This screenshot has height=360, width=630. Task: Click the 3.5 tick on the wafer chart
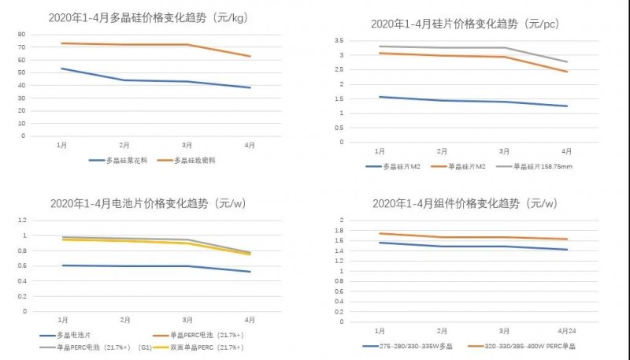click(338, 39)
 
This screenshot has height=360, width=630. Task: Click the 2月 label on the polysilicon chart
click(124, 146)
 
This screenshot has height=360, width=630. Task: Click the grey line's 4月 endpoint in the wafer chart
click(567, 62)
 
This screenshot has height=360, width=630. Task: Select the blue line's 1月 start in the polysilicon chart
click(61, 69)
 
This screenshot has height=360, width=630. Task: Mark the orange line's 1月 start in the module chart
click(380, 233)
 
